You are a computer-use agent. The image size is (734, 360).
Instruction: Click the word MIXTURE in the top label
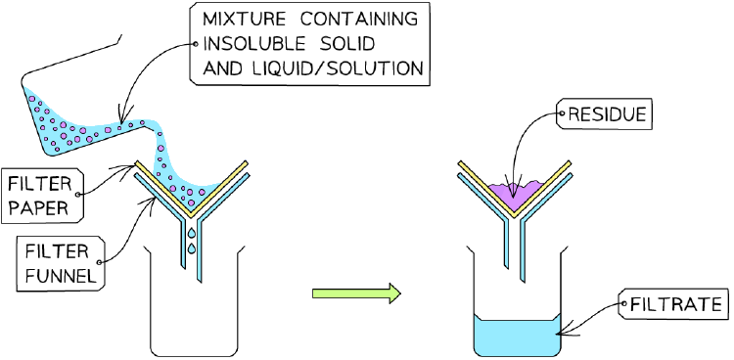[x=246, y=21]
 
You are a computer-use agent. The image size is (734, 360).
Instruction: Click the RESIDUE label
[x=604, y=114]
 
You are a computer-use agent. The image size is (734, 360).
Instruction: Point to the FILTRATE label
[x=673, y=305]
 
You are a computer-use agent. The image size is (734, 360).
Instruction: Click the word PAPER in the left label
[x=38, y=207]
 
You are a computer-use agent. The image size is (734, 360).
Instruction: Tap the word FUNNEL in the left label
[x=61, y=276]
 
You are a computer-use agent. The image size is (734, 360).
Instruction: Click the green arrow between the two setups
[x=356, y=293]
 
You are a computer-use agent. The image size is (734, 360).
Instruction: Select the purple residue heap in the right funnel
[x=515, y=194]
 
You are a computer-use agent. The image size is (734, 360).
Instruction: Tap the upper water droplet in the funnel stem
[x=192, y=233]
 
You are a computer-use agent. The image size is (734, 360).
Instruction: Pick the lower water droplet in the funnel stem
[x=191, y=248]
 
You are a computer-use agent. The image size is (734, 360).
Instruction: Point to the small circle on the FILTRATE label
[x=624, y=304]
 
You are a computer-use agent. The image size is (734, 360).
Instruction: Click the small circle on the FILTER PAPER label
[x=77, y=194]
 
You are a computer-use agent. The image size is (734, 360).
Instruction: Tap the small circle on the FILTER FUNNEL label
[x=98, y=262]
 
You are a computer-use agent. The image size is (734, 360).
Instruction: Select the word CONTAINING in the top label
[x=358, y=21]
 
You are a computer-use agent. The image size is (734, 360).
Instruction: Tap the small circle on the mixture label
[x=196, y=44]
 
